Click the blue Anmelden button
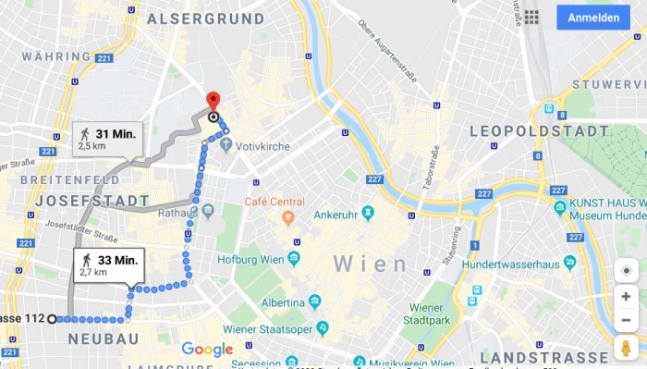pos(592,18)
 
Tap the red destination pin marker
pos(213,101)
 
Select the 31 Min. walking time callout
pos(107,140)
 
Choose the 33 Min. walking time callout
pos(109,265)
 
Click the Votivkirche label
pos(262,147)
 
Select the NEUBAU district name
pos(104,339)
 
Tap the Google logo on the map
pos(207,349)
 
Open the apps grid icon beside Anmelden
pos(531,18)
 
